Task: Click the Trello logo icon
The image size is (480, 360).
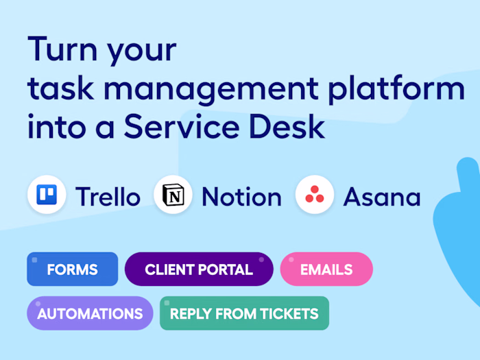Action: (47, 194)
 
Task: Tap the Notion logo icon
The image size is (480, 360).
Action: (173, 195)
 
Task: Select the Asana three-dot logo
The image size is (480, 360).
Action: (314, 194)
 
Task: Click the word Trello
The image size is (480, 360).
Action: (108, 196)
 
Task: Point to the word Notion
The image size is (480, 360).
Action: (241, 196)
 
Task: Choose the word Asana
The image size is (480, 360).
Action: (382, 197)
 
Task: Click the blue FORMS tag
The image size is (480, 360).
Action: (73, 269)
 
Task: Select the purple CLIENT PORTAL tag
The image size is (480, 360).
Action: (199, 269)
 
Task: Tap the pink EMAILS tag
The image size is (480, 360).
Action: (326, 269)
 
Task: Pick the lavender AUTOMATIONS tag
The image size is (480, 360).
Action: (90, 313)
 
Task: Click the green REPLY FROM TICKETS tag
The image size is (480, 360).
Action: (244, 313)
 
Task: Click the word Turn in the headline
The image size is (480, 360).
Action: (63, 49)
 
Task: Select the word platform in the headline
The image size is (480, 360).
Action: (397, 88)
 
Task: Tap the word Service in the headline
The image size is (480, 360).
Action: (182, 126)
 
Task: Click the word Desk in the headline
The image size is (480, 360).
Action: (287, 126)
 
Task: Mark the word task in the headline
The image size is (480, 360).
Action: (60, 88)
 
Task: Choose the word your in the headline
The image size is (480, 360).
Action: (142, 53)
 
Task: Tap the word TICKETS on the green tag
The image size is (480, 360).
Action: (289, 313)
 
